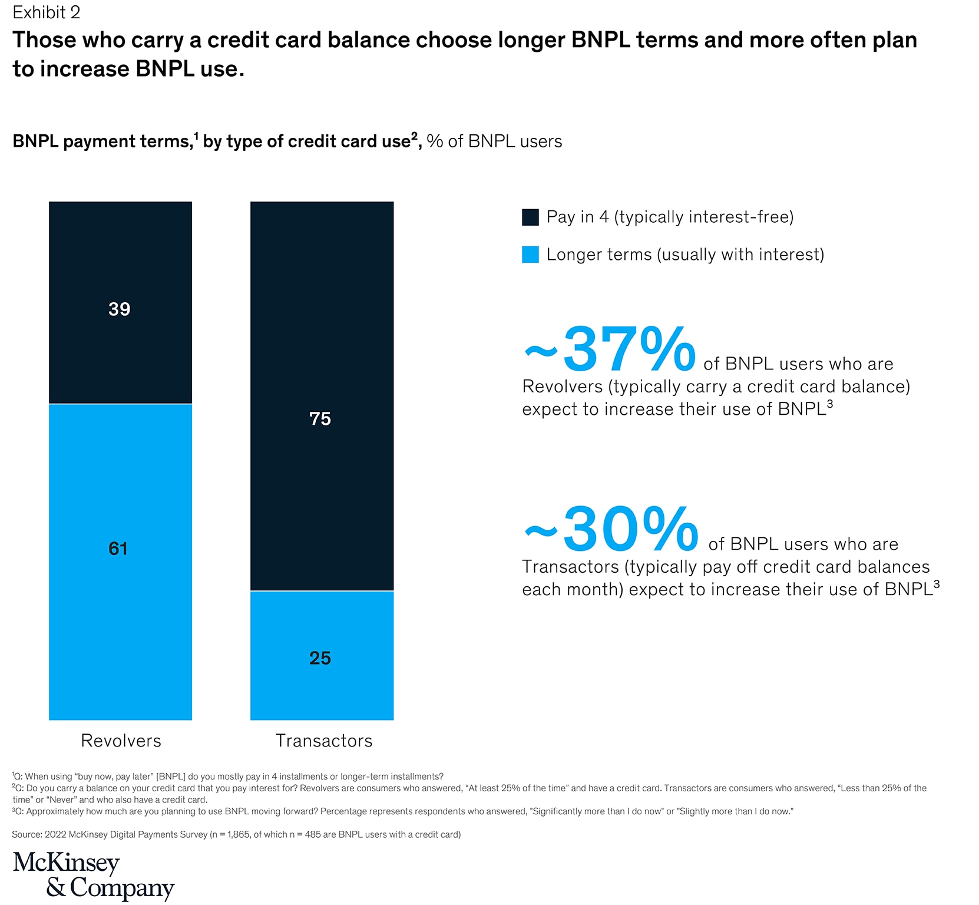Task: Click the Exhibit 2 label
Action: point(46,12)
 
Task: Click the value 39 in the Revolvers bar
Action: point(119,309)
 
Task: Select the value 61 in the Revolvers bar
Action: point(118,549)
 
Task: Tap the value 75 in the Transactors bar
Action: point(320,419)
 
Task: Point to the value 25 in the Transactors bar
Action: point(320,658)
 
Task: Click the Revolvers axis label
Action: point(121,741)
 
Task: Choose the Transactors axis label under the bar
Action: point(324,741)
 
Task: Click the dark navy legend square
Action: point(530,217)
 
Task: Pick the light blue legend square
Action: point(530,255)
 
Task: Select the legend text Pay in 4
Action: point(670,217)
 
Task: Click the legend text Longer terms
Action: point(685,255)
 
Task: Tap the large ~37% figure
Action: point(610,351)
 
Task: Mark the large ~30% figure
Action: point(611,530)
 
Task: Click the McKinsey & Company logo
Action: point(93,876)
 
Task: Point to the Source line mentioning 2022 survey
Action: point(236,834)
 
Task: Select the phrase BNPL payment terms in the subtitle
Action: point(101,141)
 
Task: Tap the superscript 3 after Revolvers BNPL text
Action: point(830,404)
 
